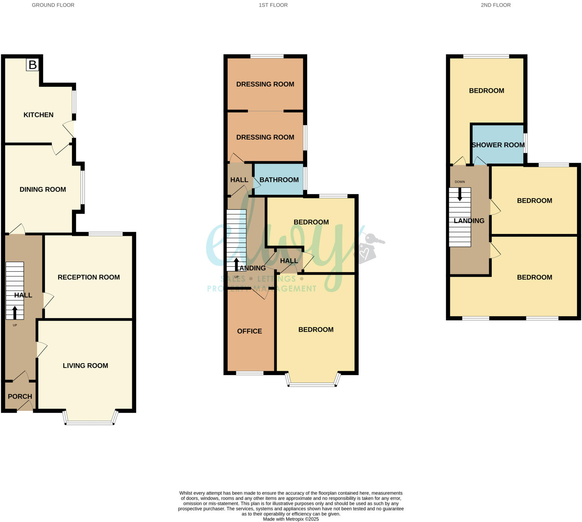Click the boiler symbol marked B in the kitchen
[x=32, y=65]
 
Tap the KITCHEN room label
[x=38, y=115]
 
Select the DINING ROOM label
[x=43, y=189]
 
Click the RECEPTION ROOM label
[x=88, y=277]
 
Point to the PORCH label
[x=20, y=397]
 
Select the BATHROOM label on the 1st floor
[x=279, y=180]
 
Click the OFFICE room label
[x=249, y=331]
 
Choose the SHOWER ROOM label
[x=498, y=145]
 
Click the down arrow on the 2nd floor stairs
[x=460, y=194]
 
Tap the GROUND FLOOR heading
[x=53, y=5]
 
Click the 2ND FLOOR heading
[x=496, y=5]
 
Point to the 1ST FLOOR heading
[x=273, y=5]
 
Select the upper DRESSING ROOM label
[x=265, y=84]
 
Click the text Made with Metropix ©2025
[x=291, y=519]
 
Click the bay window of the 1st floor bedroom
[x=312, y=385]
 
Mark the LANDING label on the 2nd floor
[x=469, y=221]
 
